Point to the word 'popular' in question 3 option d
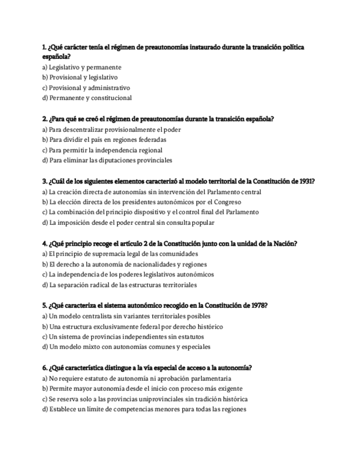tap(202, 223)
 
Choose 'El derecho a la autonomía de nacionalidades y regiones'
tap(128, 264)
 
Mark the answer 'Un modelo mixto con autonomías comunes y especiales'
tap(126, 347)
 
